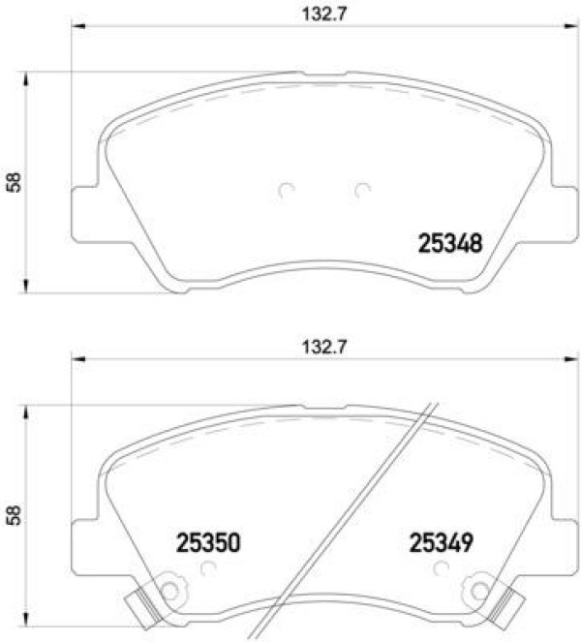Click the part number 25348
pos(449,243)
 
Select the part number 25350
pos(208,542)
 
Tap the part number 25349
pos(442,542)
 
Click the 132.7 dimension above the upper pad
pos(323,15)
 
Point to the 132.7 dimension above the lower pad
pos(323,348)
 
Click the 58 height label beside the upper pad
pos(14,183)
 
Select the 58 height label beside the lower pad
pos(14,515)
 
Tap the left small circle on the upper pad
pos(287,190)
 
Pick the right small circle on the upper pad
pos(362,190)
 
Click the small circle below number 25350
pos(209,567)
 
